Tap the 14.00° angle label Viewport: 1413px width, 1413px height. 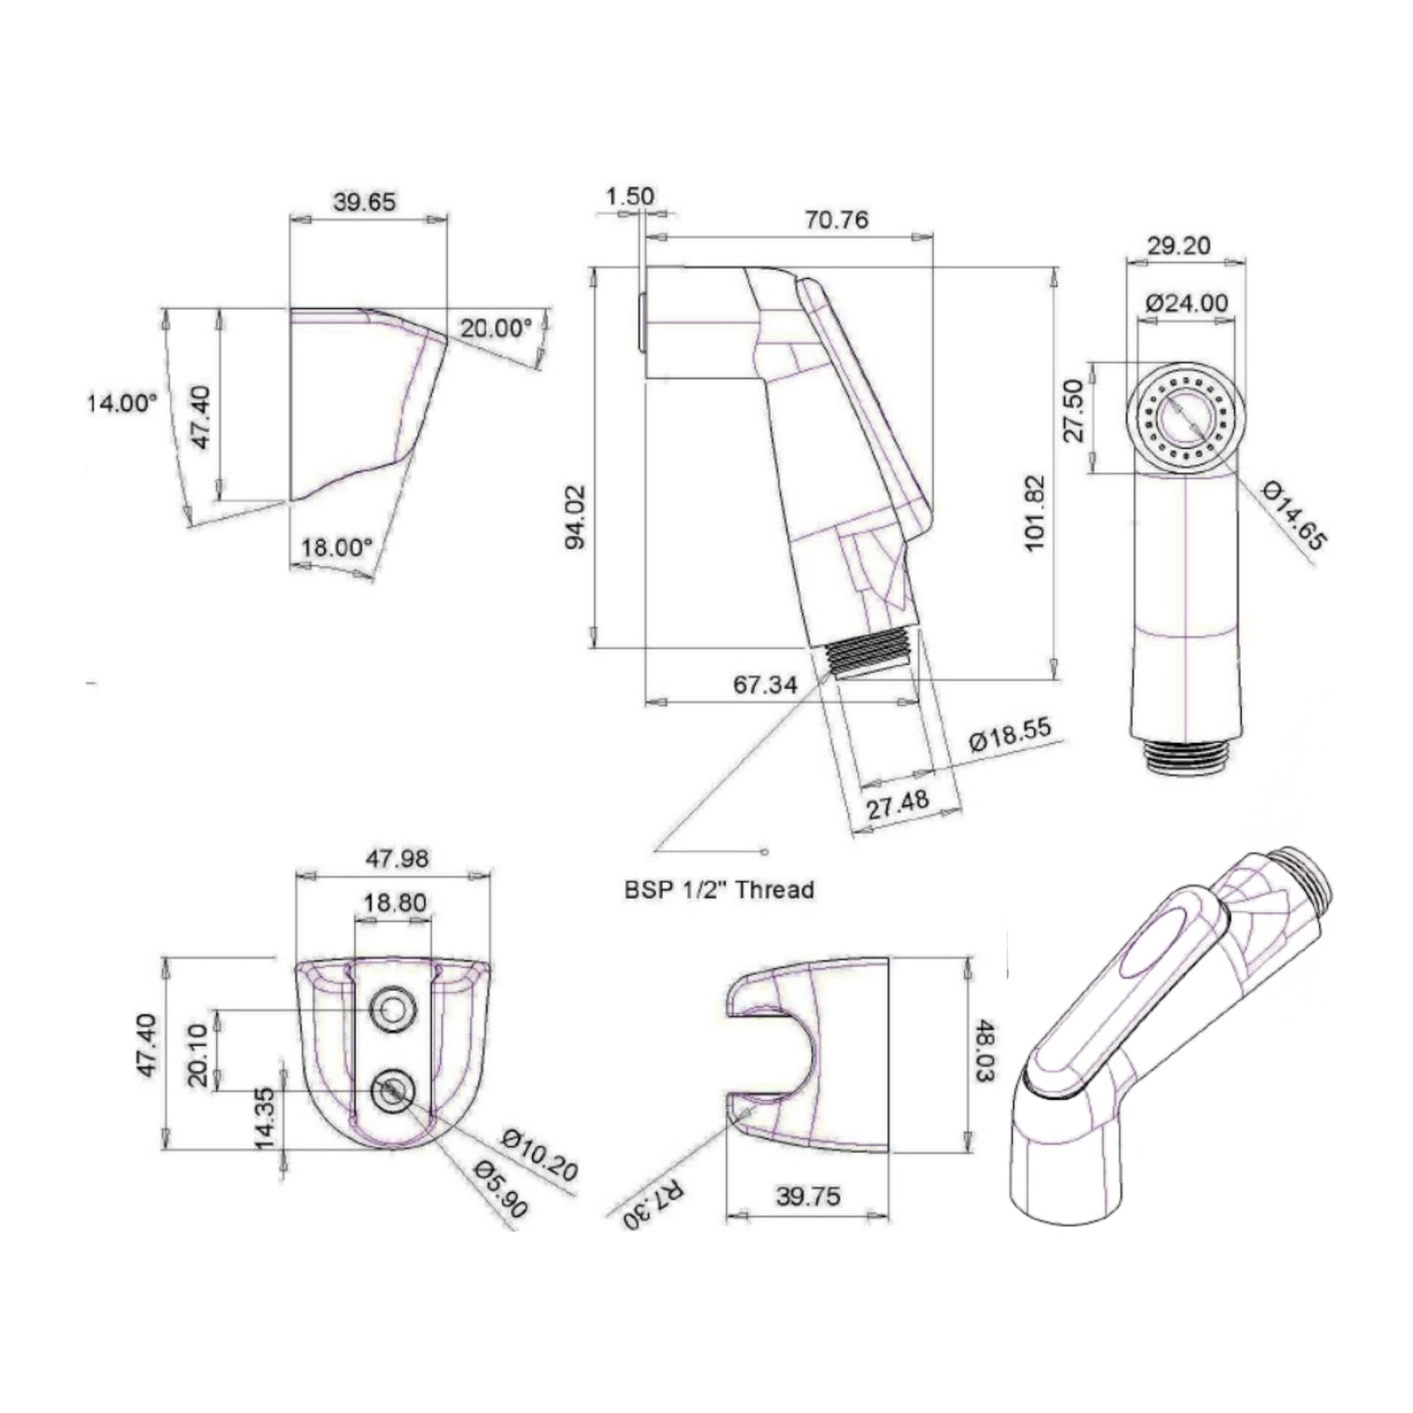122,402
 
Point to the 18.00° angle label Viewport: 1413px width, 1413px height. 336,548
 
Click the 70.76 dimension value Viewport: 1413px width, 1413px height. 836,219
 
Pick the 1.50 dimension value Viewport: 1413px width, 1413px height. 630,197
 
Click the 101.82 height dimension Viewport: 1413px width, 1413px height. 1035,512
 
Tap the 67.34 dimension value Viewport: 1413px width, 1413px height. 765,684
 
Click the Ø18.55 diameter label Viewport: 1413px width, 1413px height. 1010,734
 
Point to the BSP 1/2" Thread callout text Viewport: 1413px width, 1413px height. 719,890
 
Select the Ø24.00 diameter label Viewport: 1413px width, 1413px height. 1186,303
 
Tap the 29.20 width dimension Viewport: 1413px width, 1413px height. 1179,245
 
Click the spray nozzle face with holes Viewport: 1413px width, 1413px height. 1186,419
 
